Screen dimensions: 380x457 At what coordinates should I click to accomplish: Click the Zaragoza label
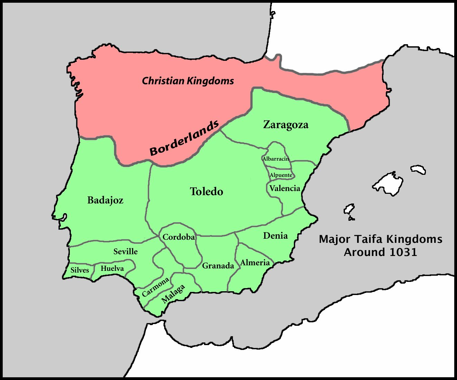point(286,125)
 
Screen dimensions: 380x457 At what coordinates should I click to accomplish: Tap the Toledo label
point(206,191)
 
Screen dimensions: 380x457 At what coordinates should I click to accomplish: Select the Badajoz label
point(105,200)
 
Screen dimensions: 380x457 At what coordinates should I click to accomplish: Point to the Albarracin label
point(276,159)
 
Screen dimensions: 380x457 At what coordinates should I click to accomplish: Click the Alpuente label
point(281,175)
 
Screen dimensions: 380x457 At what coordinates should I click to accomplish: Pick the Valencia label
point(285,188)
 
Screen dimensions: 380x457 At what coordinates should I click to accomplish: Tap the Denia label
point(275,236)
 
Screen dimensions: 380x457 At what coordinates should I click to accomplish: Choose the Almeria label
point(255,263)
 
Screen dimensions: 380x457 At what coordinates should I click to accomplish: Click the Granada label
point(218,266)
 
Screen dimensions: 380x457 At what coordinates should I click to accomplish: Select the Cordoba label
point(178,237)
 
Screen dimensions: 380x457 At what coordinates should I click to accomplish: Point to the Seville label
point(125,251)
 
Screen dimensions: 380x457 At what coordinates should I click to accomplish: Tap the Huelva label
point(112,268)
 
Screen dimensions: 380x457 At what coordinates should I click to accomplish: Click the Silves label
point(80,270)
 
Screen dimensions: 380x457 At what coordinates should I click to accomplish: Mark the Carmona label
point(155,287)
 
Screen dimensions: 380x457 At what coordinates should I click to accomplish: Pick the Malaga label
point(173,294)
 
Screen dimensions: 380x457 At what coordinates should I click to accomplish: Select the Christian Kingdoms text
point(188,81)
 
